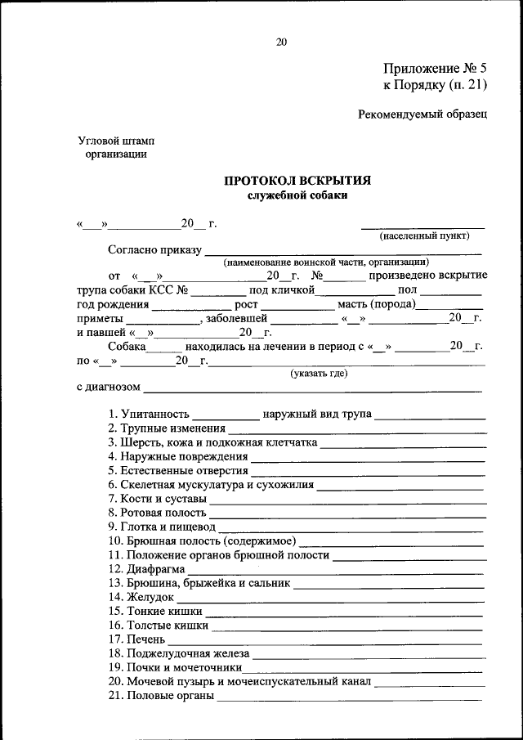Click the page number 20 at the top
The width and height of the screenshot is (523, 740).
tap(281, 43)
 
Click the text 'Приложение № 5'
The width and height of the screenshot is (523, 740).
tap(435, 70)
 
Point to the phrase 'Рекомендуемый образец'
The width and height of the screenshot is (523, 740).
tap(422, 114)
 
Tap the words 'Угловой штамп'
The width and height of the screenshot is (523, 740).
tap(116, 141)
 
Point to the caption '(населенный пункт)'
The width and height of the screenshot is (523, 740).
tap(423, 236)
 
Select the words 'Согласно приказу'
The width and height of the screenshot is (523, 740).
tap(154, 249)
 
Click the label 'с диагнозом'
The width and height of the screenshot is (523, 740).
tap(109, 387)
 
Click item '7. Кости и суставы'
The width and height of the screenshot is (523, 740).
tap(157, 498)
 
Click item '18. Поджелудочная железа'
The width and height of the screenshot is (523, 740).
tap(178, 653)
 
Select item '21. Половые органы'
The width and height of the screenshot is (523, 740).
tap(161, 695)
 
